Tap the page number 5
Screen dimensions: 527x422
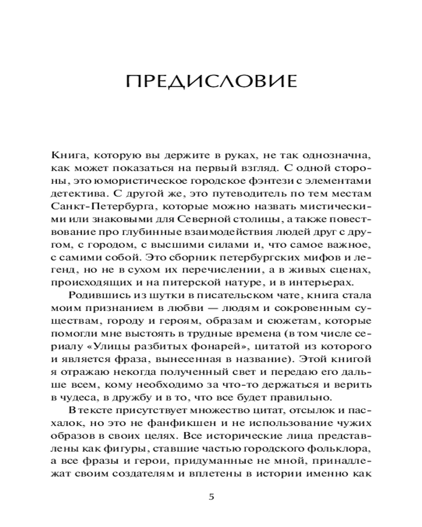[x=211, y=497]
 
